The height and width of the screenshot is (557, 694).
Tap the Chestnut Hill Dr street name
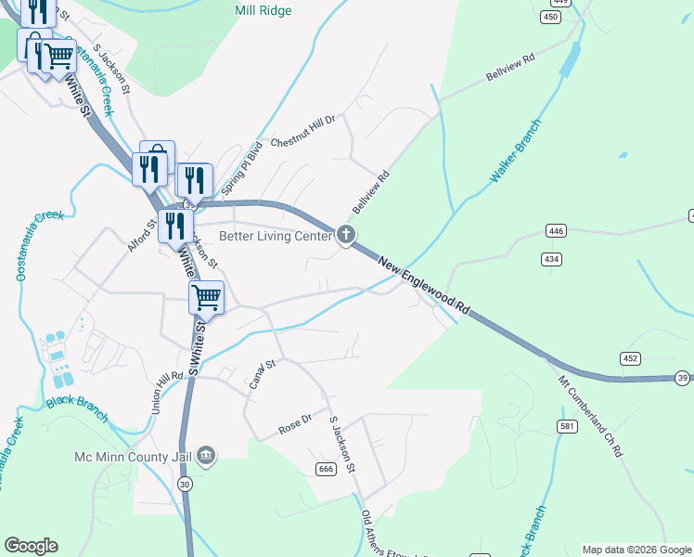[x=307, y=131]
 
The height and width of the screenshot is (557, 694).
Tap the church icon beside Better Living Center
[x=346, y=235]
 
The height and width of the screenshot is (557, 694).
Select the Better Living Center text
[x=276, y=237]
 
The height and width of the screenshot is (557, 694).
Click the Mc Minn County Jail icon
[x=207, y=456]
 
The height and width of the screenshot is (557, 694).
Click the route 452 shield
[x=631, y=358]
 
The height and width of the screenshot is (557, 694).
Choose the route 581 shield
[x=566, y=426]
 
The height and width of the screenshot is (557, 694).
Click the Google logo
[x=31, y=546]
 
